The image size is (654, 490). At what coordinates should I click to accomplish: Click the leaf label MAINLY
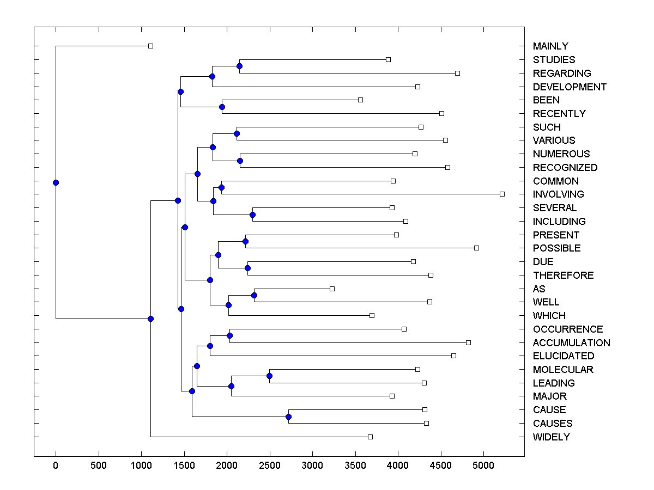click(x=550, y=46)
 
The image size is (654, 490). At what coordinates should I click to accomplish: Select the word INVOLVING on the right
click(x=558, y=194)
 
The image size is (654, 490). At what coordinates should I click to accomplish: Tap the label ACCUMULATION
click(x=571, y=343)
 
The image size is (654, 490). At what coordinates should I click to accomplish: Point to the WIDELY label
click(x=551, y=437)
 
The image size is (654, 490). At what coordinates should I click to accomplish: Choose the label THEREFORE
click(x=563, y=275)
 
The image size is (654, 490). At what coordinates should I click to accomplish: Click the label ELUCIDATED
click(x=564, y=356)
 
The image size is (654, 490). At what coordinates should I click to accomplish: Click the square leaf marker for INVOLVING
click(x=502, y=194)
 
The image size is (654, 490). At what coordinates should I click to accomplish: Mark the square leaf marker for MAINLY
click(x=151, y=46)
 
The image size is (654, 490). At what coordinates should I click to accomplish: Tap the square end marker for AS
click(x=332, y=289)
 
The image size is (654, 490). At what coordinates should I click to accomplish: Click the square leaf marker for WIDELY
click(x=371, y=437)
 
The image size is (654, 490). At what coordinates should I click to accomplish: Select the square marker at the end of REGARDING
click(x=458, y=73)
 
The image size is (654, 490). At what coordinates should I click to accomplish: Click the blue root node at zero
click(x=56, y=182)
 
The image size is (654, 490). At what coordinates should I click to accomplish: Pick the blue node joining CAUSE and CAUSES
click(x=289, y=416)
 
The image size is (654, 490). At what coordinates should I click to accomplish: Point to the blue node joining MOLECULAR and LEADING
click(x=269, y=376)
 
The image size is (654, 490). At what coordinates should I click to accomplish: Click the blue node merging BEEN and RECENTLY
click(x=222, y=107)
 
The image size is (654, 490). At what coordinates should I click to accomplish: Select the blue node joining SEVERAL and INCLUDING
click(x=252, y=215)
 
